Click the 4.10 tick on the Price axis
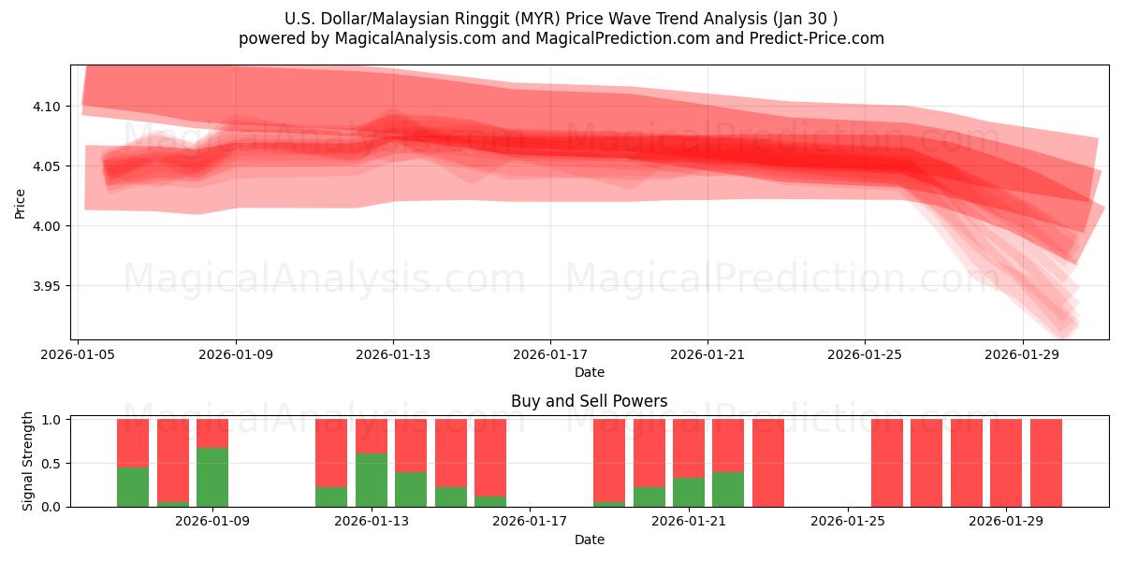[x=48, y=107]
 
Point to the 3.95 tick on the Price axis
[x=48, y=286]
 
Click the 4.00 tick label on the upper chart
[x=48, y=226]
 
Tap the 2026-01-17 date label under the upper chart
[x=549, y=355]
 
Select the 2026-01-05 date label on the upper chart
[x=79, y=355]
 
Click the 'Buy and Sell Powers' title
[x=589, y=401]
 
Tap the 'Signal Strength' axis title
[x=28, y=461]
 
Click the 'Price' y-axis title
[x=21, y=203]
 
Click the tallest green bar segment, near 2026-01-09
[x=212, y=477]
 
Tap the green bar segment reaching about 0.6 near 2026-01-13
[x=372, y=480]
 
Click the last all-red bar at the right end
[x=1045, y=463]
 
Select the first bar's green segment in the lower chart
[x=133, y=486]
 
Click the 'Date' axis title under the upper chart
[x=589, y=372]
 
